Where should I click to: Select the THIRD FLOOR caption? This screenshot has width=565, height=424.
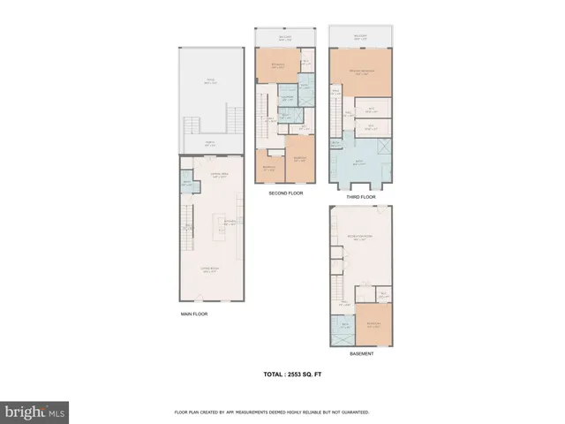(361, 197)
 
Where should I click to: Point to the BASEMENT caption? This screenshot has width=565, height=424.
(360, 353)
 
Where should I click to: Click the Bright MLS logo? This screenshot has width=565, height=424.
(35, 411)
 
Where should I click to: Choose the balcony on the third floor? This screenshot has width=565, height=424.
(360, 38)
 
